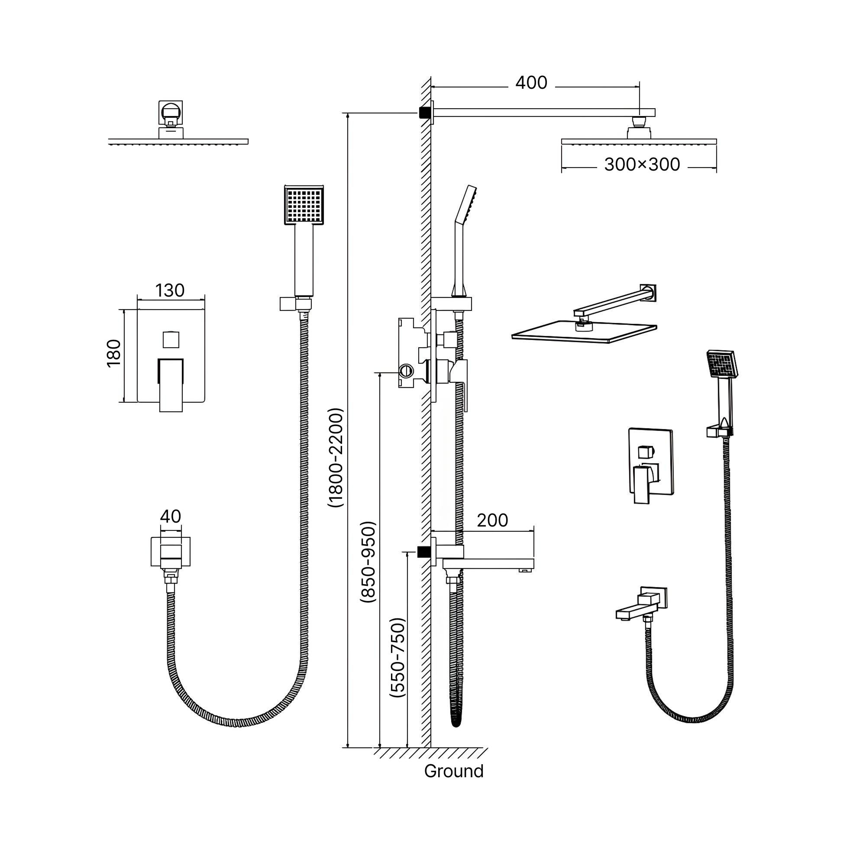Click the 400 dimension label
(x=531, y=83)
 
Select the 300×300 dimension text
(x=642, y=165)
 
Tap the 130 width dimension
(x=170, y=291)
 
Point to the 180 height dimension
(x=114, y=353)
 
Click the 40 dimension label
(x=170, y=517)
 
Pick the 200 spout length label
(x=492, y=520)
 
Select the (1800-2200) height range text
(x=336, y=457)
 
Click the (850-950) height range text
(x=368, y=562)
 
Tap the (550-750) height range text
(x=397, y=658)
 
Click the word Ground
(x=454, y=772)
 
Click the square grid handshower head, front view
(x=304, y=205)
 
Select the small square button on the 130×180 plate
(x=171, y=340)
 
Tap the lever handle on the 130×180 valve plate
(x=171, y=385)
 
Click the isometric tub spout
(x=639, y=605)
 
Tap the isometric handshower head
(x=722, y=365)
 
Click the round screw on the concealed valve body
(x=406, y=371)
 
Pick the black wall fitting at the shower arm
(x=423, y=112)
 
